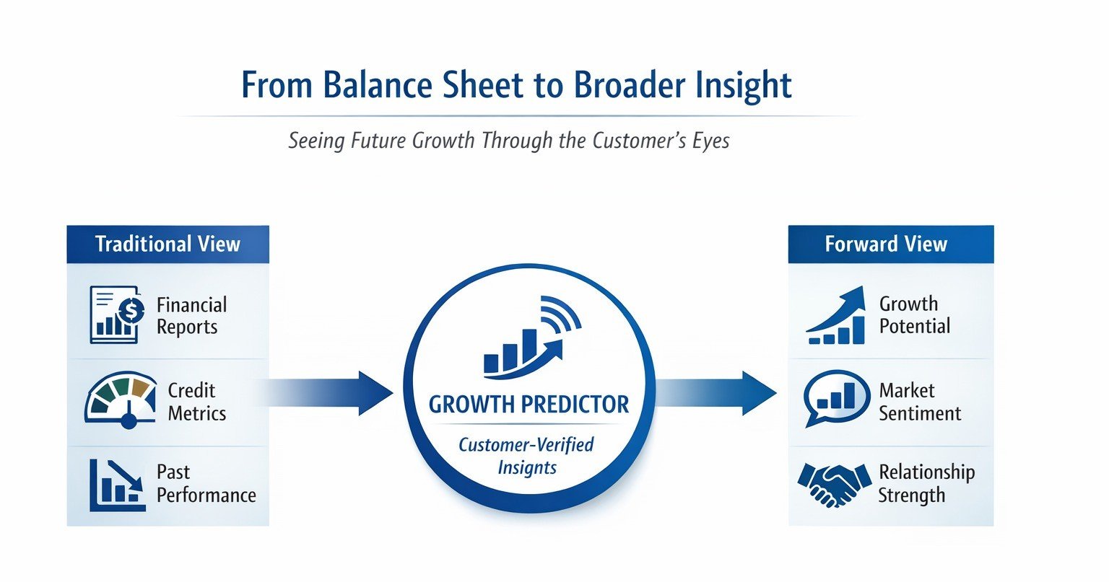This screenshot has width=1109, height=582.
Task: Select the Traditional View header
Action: point(168,244)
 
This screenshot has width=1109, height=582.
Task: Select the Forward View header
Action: point(891,244)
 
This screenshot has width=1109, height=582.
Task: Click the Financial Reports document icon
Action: point(117,314)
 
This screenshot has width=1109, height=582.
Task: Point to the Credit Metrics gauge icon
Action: point(121,400)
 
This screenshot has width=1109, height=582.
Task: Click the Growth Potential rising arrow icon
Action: point(835,315)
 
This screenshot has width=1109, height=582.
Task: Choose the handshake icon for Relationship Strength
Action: point(835,485)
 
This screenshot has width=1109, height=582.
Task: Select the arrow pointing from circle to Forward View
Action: point(716,393)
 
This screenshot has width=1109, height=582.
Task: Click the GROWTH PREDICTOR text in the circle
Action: point(529,405)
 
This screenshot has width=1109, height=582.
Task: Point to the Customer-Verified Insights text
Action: point(527,456)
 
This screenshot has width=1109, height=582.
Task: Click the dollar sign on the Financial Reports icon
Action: point(131,312)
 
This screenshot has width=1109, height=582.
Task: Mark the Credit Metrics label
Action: point(196,402)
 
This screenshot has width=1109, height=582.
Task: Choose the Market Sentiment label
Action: point(920,402)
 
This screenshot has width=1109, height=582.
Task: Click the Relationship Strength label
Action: point(926,484)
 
